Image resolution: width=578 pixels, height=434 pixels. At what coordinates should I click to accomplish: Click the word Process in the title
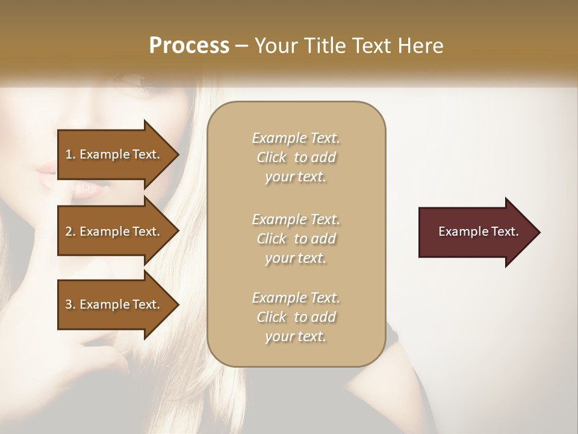click(189, 46)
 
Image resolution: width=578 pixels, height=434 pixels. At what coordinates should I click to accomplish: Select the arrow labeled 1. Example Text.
click(114, 154)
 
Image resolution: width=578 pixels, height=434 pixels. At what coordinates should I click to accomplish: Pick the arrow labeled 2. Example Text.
click(114, 231)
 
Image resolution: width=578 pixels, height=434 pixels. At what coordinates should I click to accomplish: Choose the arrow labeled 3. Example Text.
click(114, 304)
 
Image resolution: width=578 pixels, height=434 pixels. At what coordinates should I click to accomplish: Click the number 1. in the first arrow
click(70, 154)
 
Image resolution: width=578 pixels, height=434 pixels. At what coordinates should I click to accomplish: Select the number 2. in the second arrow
click(70, 231)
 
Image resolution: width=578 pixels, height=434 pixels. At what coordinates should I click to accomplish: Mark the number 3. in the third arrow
click(70, 304)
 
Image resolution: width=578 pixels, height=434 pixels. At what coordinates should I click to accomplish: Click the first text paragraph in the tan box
click(296, 157)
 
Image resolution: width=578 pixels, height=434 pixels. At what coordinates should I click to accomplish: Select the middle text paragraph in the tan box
click(296, 238)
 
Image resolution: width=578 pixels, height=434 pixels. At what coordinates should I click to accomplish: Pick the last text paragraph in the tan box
click(296, 317)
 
